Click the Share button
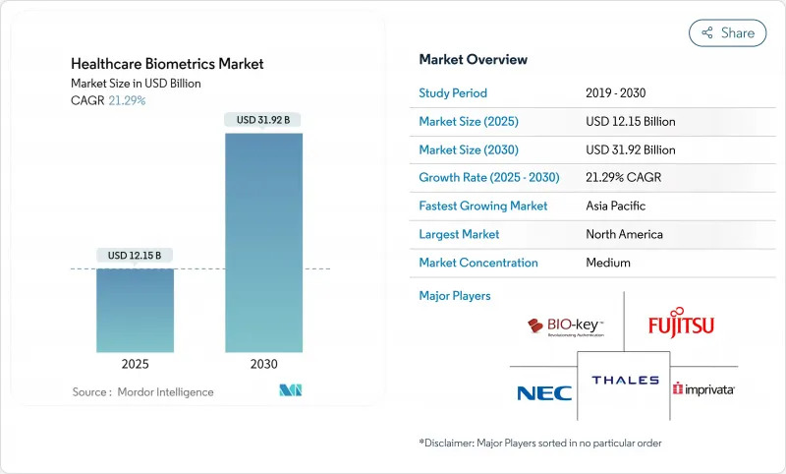tap(727, 32)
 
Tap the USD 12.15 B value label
tap(135, 256)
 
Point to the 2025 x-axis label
tap(135, 364)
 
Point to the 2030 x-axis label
tap(264, 364)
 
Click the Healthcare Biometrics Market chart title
tap(167, 64)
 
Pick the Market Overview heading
tap(473, 59)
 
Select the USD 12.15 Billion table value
tap(630, 121)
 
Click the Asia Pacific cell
tap(616, 207)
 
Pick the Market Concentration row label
tap(478, 263)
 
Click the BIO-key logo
tap(565, 326)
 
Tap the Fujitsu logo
tap(681, 325)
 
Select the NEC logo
tap(543, 393)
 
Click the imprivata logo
tap(704, 389)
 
